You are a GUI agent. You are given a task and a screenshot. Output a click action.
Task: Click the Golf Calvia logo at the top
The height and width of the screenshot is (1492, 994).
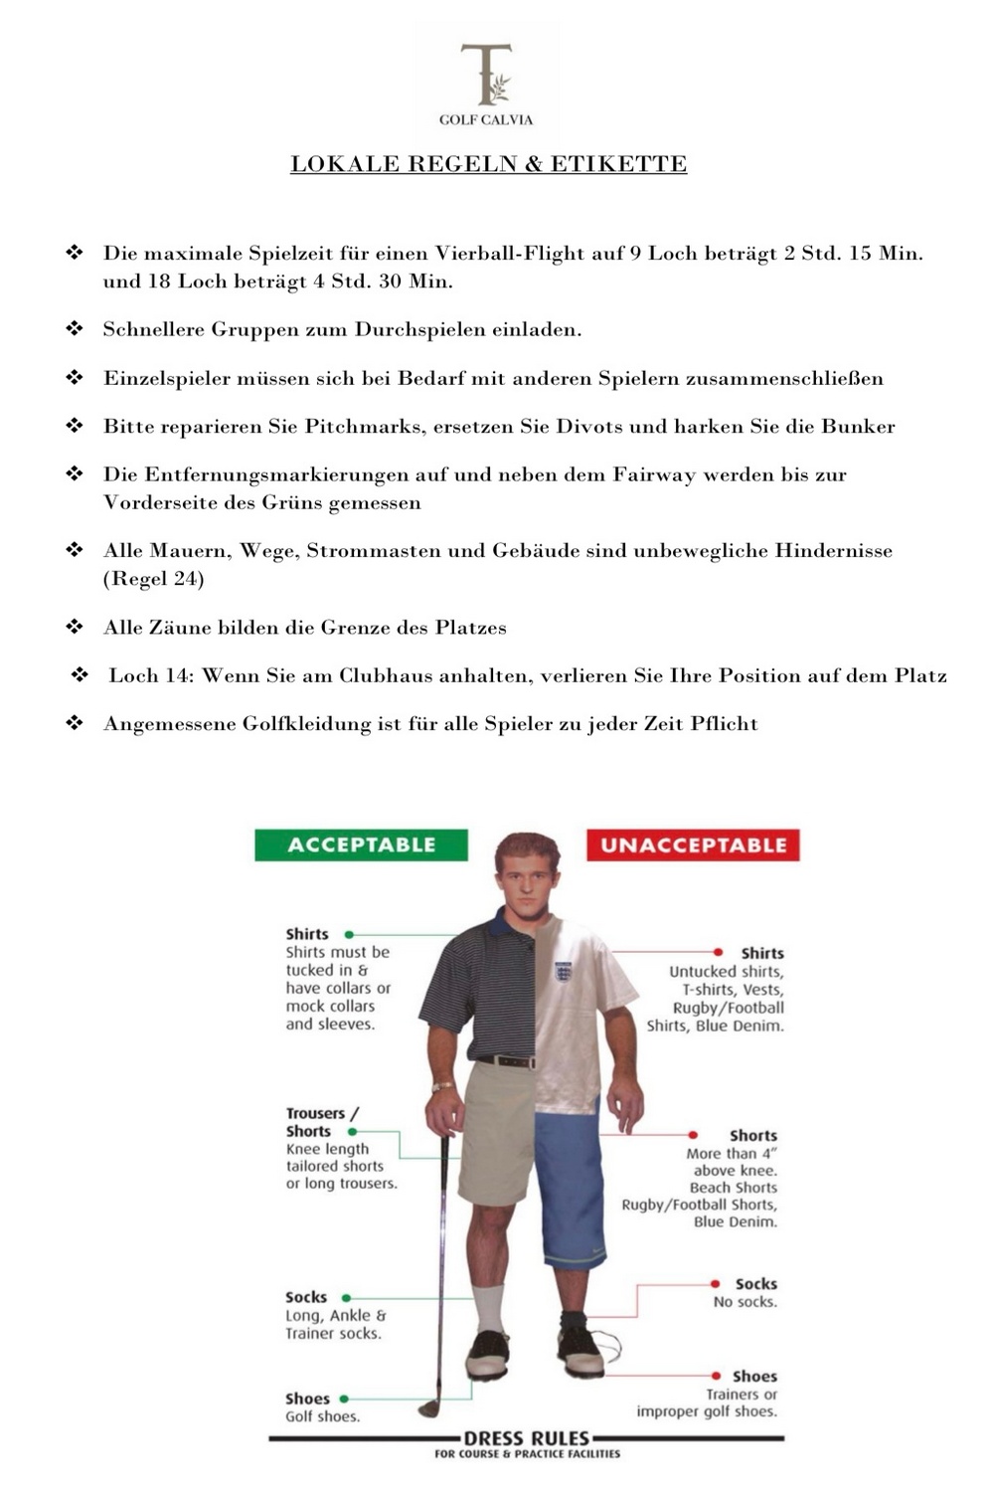tap(487, 84)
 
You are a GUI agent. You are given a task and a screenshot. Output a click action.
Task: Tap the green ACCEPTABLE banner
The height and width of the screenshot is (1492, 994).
tap(361, 845)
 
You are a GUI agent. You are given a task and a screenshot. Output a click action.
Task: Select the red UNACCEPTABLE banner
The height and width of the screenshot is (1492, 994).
tap(693, 845)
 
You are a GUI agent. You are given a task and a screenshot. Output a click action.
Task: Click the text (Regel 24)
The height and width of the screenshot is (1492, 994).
tap(154, 579)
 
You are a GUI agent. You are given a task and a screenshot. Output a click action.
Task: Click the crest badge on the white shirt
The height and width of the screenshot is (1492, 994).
tap(564, 971)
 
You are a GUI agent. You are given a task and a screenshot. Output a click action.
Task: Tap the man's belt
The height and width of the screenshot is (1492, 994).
tap(507, 1061)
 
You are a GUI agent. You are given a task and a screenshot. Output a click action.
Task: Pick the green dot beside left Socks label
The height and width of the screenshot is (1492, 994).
tap(346, 1298)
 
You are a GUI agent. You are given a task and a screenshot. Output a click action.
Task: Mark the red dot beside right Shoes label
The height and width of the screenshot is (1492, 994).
tap(716, 1377)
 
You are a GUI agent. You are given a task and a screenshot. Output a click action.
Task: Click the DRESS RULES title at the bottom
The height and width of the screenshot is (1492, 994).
tap(527, 1438)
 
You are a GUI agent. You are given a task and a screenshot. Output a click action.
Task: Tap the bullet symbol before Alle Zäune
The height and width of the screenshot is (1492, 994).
tap(75, 627)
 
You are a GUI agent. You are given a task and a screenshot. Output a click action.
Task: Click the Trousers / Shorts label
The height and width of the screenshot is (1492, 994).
tap(321, 1122)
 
